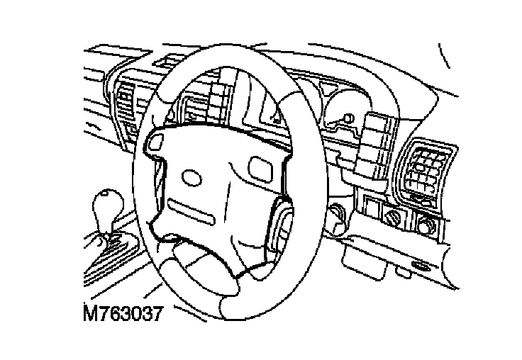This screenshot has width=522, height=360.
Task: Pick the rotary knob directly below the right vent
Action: [x=427, y=227]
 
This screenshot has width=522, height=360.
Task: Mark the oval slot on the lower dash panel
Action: [x=420, y=266]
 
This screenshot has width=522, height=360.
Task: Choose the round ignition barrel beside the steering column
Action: [x=335, y=213]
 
